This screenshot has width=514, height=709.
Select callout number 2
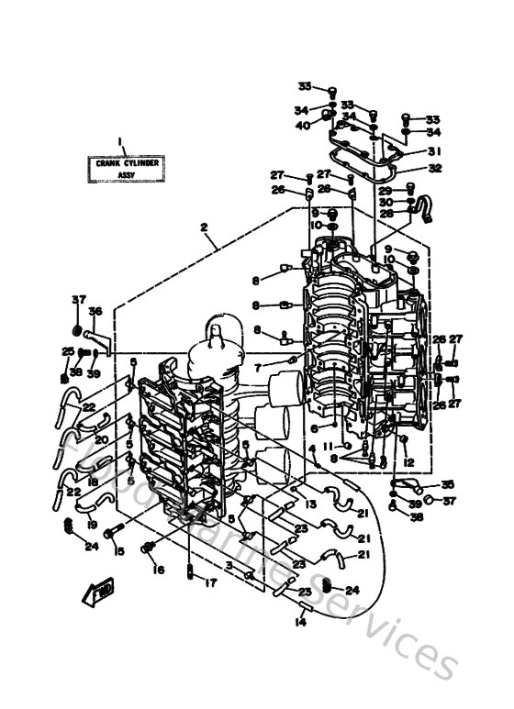204,227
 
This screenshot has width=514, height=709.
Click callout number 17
210,582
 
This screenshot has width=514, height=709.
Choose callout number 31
434,151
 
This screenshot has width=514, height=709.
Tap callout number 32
434,168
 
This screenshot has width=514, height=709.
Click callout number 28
385,214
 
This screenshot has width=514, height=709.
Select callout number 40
302,126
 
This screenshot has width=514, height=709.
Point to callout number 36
95,312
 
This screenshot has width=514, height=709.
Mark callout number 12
409,462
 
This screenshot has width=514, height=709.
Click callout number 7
259,367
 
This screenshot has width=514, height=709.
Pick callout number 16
159,571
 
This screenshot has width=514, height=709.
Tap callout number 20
100,439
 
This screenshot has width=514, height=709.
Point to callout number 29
385,190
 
